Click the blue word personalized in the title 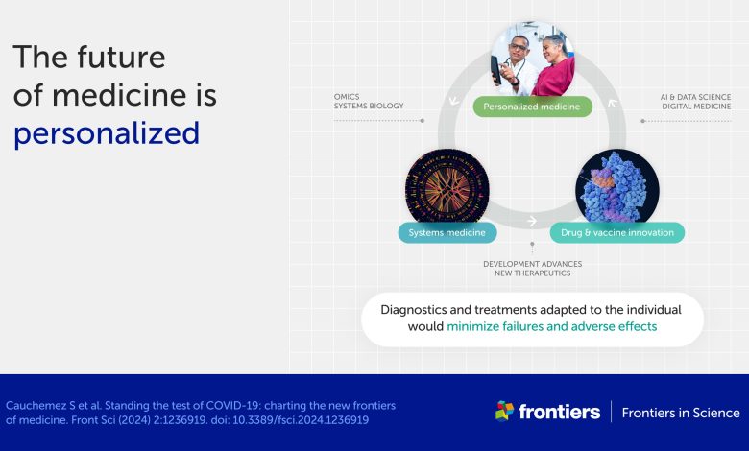pyautogui.click(x=107, y=133)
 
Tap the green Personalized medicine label pyautogui.click(x=533, y=107)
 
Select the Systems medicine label pyautogui.click(x=447, y=233)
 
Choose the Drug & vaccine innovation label pyautogui.click(x=617, y=233)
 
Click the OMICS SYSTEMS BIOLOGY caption pyautogui.click(x=369, y=101)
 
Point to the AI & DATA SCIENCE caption pyautogui.click(x=695, y=97)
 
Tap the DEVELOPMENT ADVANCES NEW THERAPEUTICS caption pyautogui.click(x=533, y=269)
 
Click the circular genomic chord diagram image pyautogui.click(x=447, y=187)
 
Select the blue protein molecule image pyautogui.click(x=617, y=187)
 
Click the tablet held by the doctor pyautogui.click(x=496, y=70)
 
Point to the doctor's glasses pyautogui.click(x=519, y=47)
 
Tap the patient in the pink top pyautogui.click(x=554, y=66)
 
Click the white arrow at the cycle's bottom pyautogui.click(x=532, y=221)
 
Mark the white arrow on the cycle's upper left pyautogui.click(x=454, y=101)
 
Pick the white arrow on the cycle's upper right pyautogui.click(x=612, y=103)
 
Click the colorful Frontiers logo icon pyautogui.click(x=505, y=411)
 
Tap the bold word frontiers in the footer pyautogui.click(x=560, y=412)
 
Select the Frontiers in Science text pyautogui.click(x=681, y=413)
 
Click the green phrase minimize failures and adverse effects pyautogui.click(x=552, y=326)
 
